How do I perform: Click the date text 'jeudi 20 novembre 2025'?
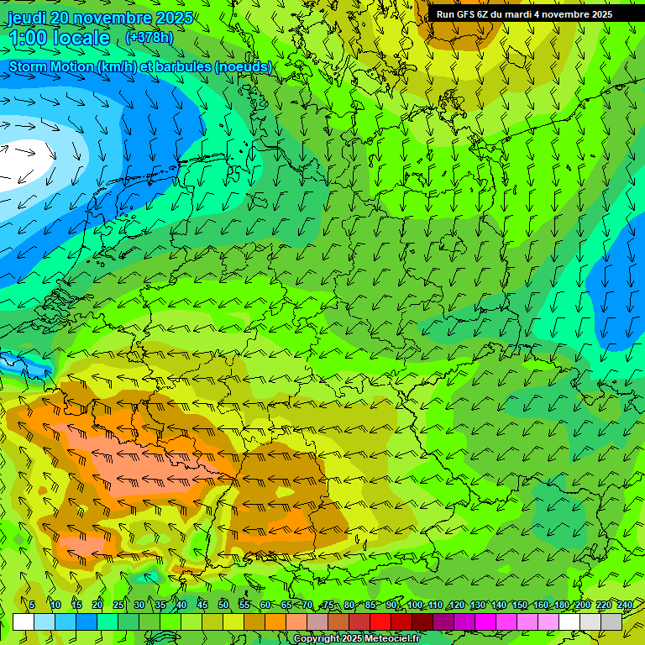(100, 18)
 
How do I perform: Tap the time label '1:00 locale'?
(60, 38)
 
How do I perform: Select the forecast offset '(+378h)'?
(149, 38)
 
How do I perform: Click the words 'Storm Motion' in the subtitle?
(51, 66)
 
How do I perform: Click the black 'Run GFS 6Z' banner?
(524, 14)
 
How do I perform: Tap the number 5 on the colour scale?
(32, 605)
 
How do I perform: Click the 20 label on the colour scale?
(97, 605)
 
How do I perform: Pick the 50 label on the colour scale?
(223, 605)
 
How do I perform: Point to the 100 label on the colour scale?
(414, 605)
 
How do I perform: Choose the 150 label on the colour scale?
(520, 605)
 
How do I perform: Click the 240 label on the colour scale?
(624, 605)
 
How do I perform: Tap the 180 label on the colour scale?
(562, 605)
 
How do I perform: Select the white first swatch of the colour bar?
(24, 621)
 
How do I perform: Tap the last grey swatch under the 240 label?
(611, 621)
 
